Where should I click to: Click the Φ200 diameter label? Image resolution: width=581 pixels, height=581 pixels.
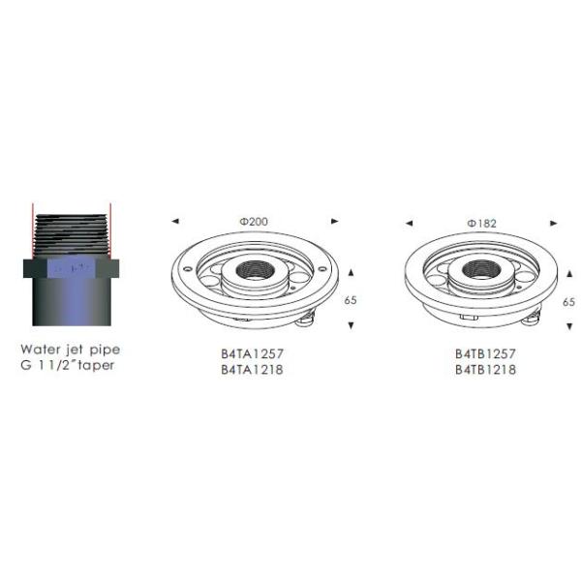coord(254,222)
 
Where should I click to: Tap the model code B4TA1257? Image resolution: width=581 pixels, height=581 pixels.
coord(252,355)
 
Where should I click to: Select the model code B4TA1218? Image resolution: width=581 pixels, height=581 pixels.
coord(252,370)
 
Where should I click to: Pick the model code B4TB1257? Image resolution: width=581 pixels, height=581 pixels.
coord(484,355)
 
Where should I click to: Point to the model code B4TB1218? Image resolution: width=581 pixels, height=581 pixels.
coord(484,370)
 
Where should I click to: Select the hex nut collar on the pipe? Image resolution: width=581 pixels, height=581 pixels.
coord(71,268)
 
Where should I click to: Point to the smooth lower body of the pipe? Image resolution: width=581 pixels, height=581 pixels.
coord(71,305)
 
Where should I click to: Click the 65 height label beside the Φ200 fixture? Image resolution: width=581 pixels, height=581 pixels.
coord(350,300)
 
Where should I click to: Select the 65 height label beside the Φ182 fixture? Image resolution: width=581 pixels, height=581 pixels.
coord(569,301)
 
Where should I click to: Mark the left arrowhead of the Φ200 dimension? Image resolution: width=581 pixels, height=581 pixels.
coord(174,222)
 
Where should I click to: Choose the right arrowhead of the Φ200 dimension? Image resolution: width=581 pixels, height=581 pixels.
coord(335,222)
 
